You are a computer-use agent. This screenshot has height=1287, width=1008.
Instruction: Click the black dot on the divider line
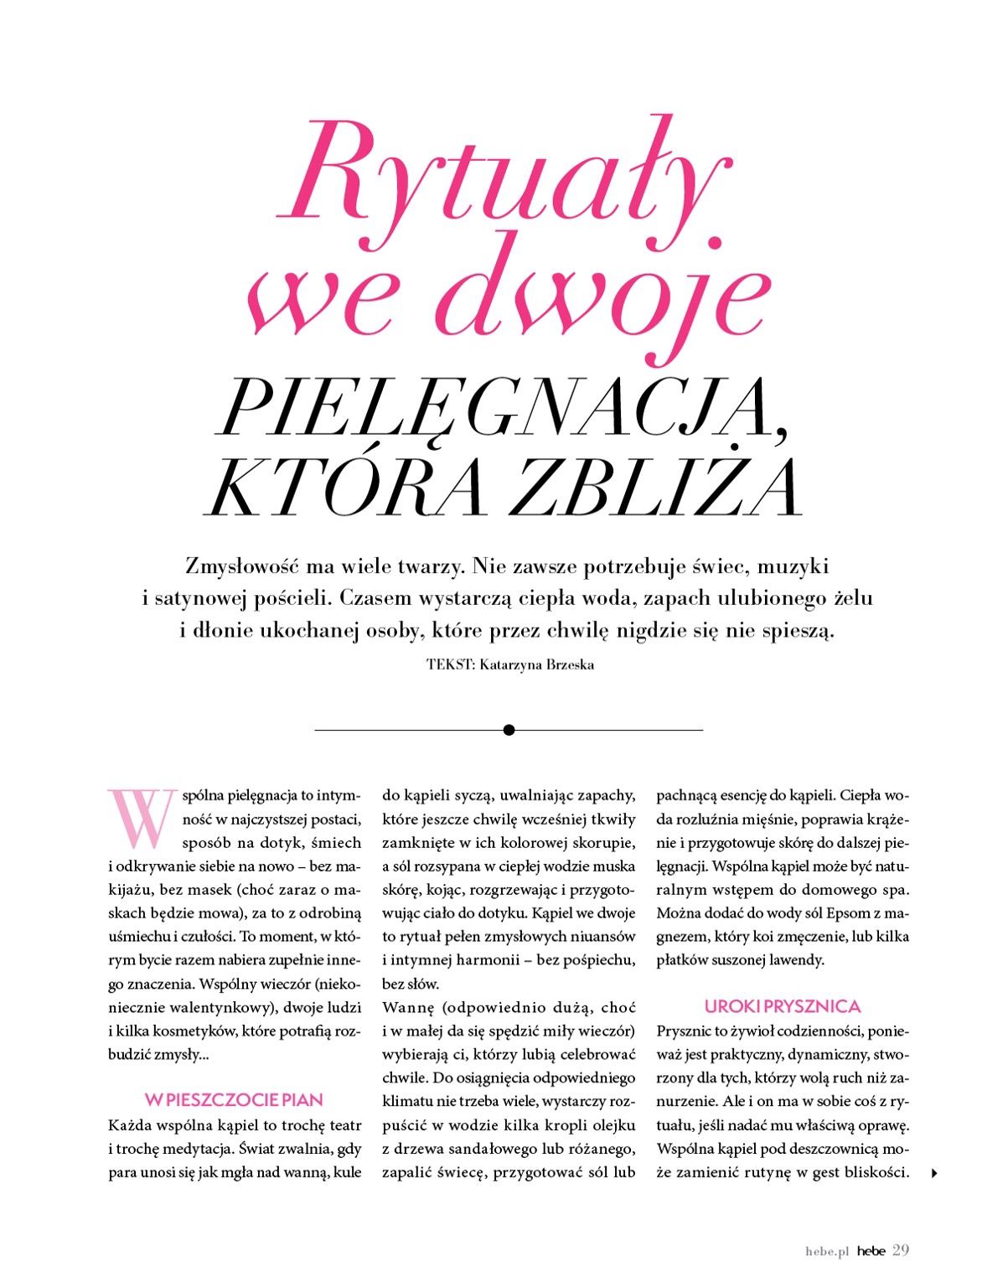pos(509,730)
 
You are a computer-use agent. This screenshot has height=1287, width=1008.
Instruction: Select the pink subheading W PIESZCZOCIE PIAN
pos(234,1098)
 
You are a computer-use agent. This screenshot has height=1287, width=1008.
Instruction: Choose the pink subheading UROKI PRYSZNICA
pos(783,1006)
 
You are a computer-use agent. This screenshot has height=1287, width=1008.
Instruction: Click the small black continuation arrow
pos(934,1174)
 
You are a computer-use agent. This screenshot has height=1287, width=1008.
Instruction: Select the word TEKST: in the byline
pos(451,665)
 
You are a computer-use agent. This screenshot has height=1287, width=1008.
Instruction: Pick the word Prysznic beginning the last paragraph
pos(685,1030)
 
